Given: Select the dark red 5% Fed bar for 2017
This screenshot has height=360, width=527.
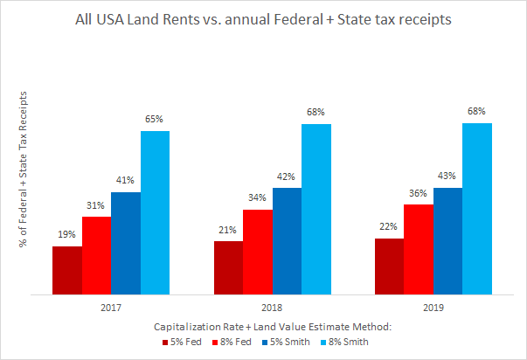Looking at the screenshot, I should tap(66, 270).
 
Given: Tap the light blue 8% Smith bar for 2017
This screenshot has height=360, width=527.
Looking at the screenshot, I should tap(155, 212).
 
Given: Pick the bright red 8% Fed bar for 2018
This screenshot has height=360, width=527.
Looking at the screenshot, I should tap(257, 252).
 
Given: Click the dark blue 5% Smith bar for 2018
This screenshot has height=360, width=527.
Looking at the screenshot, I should tap(287, 241).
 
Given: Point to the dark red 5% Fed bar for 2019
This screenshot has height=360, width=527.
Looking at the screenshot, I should tap(389, 266).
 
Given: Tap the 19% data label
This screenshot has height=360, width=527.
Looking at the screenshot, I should tap(66, 234).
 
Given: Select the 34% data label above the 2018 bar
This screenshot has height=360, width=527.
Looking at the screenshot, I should tap(257, 197).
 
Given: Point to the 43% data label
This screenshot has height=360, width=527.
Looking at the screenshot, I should tap(447, 176).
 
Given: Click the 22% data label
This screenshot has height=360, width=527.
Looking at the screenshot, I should tap(389, 226).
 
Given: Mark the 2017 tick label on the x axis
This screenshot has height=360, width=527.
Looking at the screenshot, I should tap(110, 308).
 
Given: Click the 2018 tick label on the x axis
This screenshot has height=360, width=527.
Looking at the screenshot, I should tap(272, 308).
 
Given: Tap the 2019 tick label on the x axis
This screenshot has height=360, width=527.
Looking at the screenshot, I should tap(433, 308).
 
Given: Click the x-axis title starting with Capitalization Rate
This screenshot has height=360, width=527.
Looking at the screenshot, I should tap(271, 326).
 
